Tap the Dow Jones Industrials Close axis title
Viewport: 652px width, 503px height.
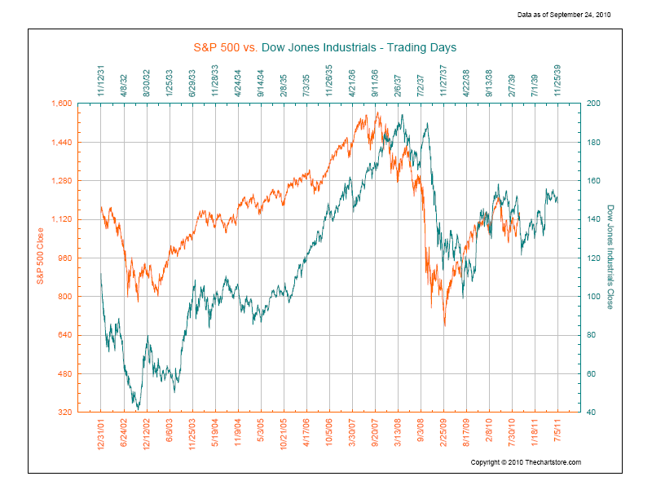(610, 257)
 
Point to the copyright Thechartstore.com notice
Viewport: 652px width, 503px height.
(526, 462)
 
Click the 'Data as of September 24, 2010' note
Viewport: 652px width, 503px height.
(564, 15)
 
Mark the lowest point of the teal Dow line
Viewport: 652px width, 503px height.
(139, 408)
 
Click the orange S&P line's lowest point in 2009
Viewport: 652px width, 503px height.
(445, 325)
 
